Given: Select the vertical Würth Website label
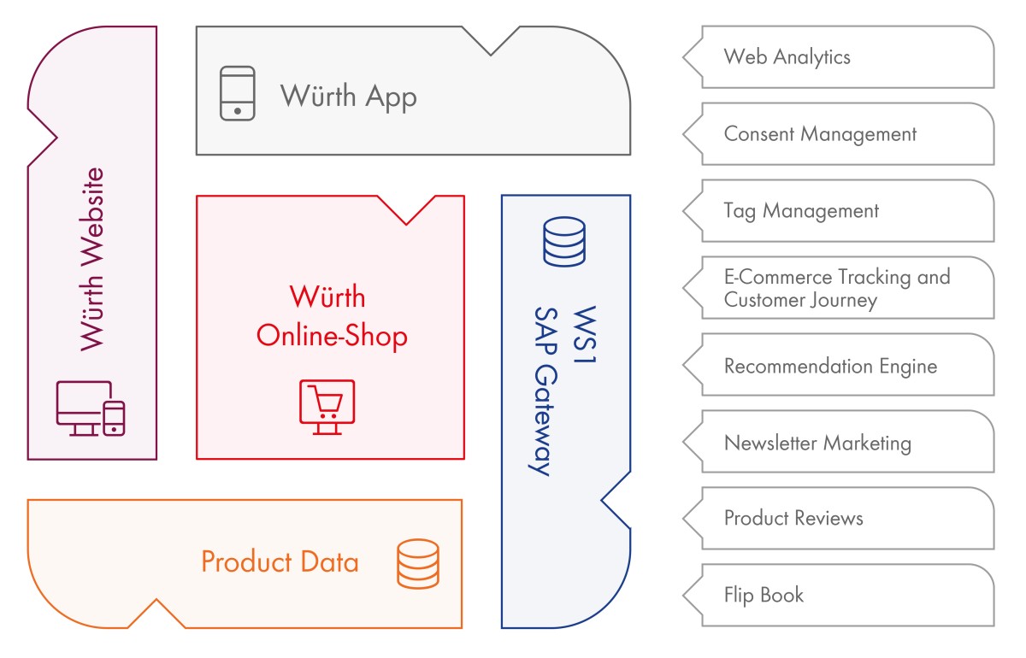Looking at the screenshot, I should pos(91,259).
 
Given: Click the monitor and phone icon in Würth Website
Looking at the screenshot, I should pos(91,408).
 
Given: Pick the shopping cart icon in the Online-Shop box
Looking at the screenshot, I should pos(327,407).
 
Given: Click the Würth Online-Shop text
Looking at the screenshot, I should pos(332,316).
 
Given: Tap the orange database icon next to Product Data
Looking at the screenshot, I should pos(418,564).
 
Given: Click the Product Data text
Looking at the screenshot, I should pos(280,562).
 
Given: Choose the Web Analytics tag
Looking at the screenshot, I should pos(787,57).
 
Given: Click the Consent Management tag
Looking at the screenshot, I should pos(819,134).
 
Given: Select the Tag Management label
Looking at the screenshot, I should pos(800,211).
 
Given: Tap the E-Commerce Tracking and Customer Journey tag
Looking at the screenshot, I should pos(836,288).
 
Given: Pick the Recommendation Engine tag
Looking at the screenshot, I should pos(830,366).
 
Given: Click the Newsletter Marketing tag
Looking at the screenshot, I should pos(817,443).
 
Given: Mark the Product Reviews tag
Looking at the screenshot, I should pos(793,519).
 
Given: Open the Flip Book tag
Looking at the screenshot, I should pos(764,595).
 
